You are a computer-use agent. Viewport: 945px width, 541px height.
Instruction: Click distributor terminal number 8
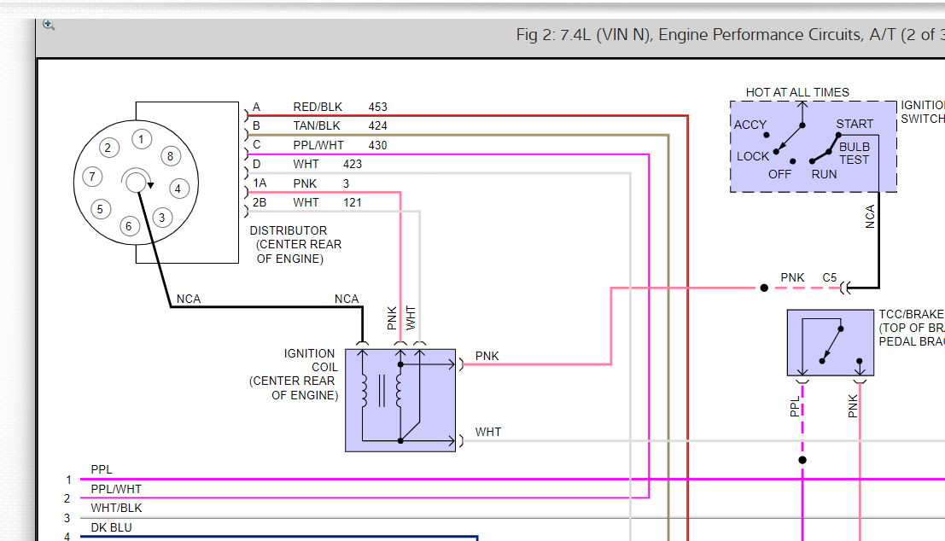pyautogui.click(x=170, y=156)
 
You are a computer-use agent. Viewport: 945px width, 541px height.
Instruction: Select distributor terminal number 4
pyautogui.click(x=178, y=189)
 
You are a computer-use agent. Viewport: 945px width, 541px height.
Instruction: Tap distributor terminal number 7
pyautogui.click(x=91, y=177)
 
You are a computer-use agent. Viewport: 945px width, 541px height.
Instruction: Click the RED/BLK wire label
pyautogui.click(x=317, y=108)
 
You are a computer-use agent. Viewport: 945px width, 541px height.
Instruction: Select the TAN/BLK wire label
pyautogui.click(x=316, y=126)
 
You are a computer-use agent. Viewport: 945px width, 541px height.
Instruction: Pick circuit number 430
pyautogui.click(x=377, y=145)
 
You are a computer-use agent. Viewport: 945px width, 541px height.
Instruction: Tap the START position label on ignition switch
pyautogui.click(x=854, y=125)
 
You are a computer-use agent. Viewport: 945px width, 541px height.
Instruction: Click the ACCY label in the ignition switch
pyautogui.click(x=750, y=125)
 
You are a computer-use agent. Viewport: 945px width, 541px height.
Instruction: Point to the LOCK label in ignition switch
pyautogui.click(x=753, y=156)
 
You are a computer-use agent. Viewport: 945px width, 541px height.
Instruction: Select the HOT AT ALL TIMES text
pyautogui.click(x=797, y=92)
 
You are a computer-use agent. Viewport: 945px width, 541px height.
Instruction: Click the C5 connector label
pyautogui.click(x=830, y=277)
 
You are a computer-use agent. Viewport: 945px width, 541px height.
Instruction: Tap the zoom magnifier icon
pyautogui.click(x=49, y=25)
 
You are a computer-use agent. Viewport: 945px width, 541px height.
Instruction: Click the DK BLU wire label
pyautogui.click(x=111, y=527)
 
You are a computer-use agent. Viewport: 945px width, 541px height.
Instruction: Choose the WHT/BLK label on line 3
pyautogui.click(x=116, y=508)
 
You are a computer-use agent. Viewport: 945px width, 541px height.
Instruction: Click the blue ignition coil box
pyautogui.click(x=400, y=399)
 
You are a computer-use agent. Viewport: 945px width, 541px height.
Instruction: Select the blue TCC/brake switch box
pyautogui.click(x=830, y=343)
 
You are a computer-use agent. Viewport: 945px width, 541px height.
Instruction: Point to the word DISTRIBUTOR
pyautogui.click(x=288, y=230)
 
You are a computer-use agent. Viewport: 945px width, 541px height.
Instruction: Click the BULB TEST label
pyautogui.click(x=854, y=154)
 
